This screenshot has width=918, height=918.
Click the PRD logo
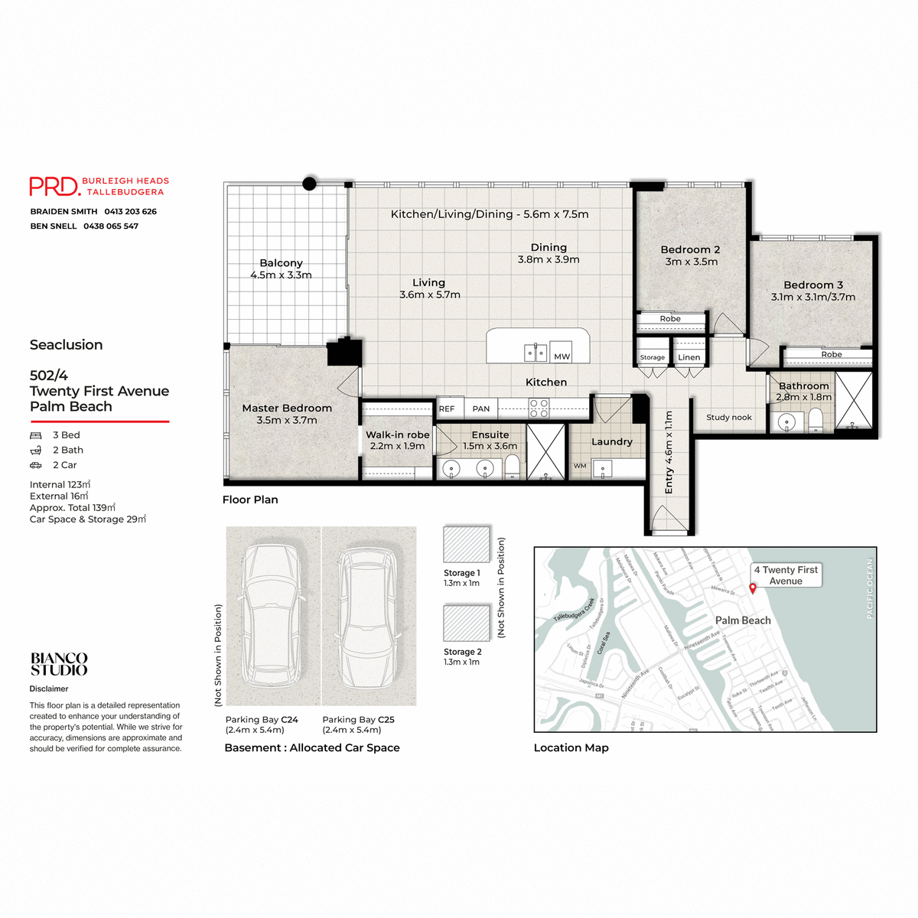tap(54, 186)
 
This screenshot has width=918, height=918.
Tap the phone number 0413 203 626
tap(130, 211)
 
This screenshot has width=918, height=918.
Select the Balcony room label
tap(281, 262)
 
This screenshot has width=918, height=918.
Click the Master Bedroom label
tap(287, 408)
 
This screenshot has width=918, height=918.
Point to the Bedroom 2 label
tap(690, 249)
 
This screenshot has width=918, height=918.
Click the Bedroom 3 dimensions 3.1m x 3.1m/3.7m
tap(813, 297)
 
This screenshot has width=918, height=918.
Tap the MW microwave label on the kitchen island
tap(562, 356)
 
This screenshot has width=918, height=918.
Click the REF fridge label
tap(447, 409)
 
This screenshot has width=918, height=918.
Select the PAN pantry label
tap(481, 409)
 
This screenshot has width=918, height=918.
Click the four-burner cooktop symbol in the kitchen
tap(539, 408)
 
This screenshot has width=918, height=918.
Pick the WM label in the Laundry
tap(580, 465)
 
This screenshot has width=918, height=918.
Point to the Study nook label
tap(729, 417)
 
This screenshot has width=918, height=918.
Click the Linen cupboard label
tap(688, 357)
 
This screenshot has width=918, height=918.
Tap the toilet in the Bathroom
tap(815, 419)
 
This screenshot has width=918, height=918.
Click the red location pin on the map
tap(753, 588)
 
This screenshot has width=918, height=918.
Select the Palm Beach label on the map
tap(743, 620)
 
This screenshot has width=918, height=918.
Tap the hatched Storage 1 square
tap(467, 545)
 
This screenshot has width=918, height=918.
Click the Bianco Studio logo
tap(59, 664)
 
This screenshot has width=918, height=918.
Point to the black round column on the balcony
tap(310, 184)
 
